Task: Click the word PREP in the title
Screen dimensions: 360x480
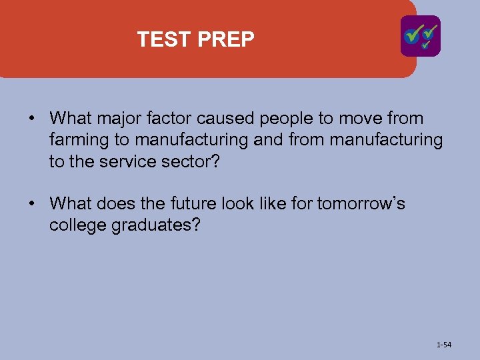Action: pos(226,40)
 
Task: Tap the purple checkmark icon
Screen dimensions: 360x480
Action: pos(420,36)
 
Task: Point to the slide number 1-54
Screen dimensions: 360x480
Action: pos(443,345)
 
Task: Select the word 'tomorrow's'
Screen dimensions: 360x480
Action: pos(361,203)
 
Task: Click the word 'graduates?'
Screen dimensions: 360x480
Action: pos(157,225)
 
